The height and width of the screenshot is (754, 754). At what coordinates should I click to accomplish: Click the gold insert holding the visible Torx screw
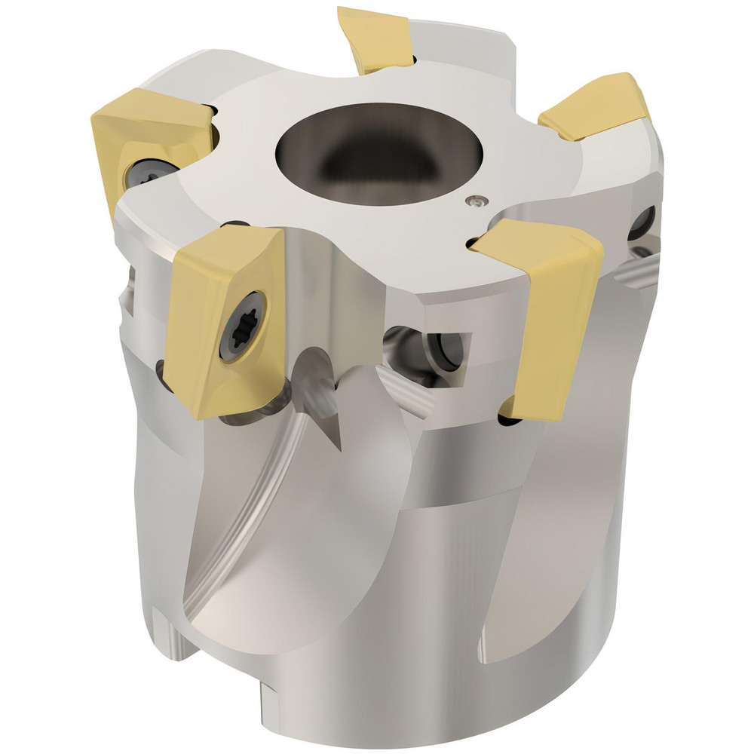[226, 317]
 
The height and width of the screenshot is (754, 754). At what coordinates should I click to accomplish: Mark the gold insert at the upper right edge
[596, 106]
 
